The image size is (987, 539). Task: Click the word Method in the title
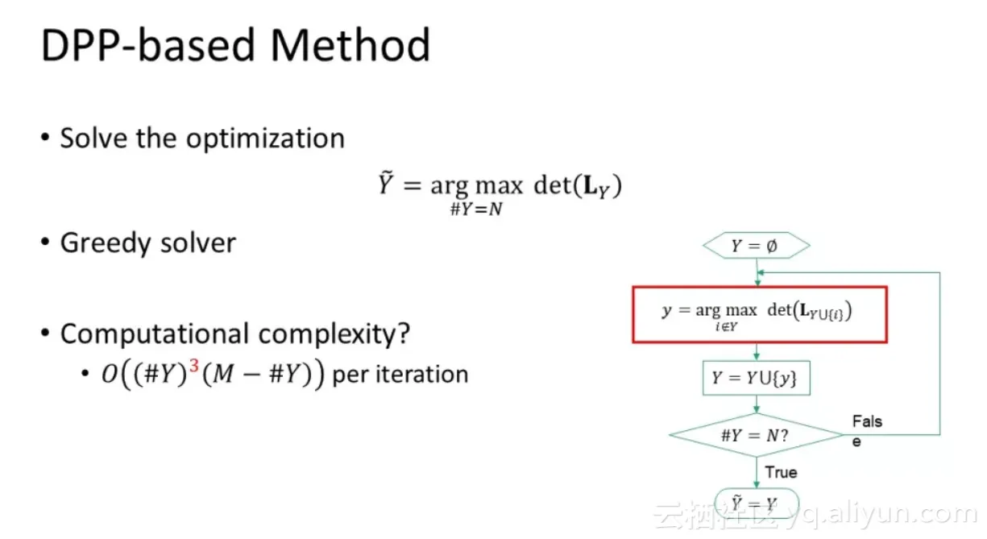click(x=350, y=45)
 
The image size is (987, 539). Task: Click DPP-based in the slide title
click(x=148, y=45)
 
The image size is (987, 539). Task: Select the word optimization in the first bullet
click(x=265, y=139)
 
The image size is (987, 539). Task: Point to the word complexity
click(x=334, y=334)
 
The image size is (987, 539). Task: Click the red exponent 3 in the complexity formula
click(x=194, y=366)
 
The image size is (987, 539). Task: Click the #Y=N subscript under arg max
click(x=476, y=209)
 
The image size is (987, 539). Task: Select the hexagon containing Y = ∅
click(x=756, y=246)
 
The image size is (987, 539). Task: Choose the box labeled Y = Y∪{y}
click(x=756, y=378)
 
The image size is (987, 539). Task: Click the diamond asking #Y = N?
click(x=756, y=435)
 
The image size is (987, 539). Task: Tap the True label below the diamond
click(x=781, y=472)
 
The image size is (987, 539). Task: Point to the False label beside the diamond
click(x=867, y=431)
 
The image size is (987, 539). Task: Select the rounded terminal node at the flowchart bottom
click(x=756, y=503)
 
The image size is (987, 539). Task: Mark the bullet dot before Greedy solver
click(x=45, y=242)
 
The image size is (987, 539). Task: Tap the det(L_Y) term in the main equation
click(x=578, y=185)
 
